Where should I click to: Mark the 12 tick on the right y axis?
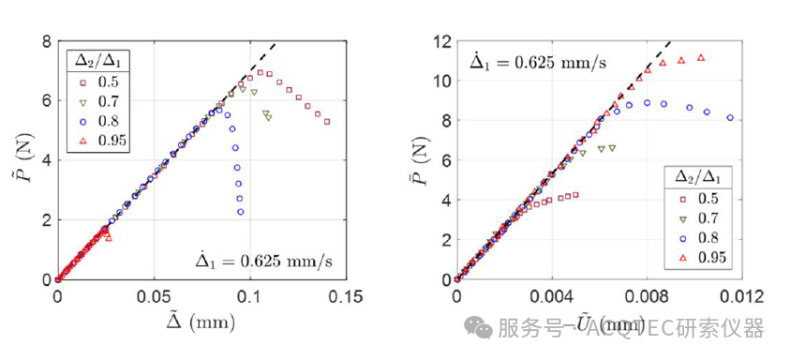(x=440, y=42)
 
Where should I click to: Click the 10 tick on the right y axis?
(x=440, y=82)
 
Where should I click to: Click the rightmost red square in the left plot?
(x=327, y=122)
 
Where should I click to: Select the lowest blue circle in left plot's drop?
(x=241, y=212)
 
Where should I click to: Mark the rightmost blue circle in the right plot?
(x=730, y=118)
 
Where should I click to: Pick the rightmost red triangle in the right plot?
(x=701, y=58)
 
